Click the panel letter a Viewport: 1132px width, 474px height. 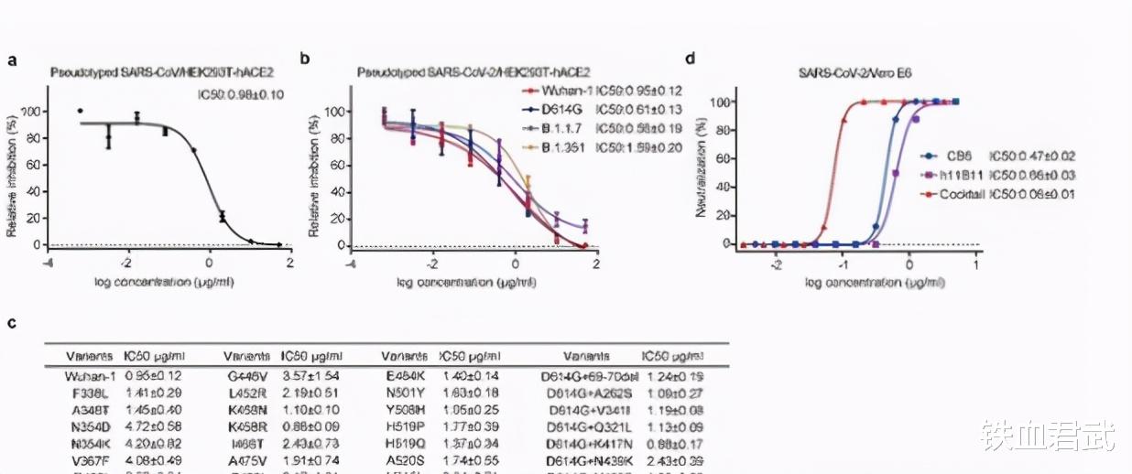[x=13, y=61]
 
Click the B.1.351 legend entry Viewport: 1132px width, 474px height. [x=548, y=147]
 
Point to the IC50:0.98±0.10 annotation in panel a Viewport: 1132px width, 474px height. [x=241, y=94]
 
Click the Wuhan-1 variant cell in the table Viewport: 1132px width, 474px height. [x=89, y=375]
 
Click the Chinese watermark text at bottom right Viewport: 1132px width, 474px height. [x=1049, y=436]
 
